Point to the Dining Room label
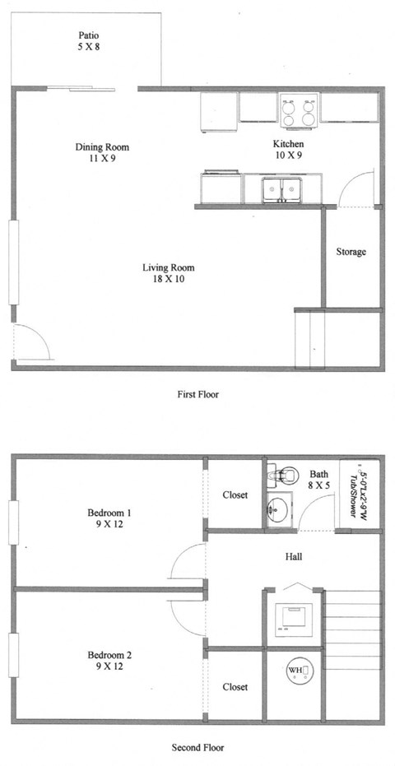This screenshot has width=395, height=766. (x=102, y=153)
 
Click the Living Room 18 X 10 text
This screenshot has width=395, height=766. (x=168, y=274)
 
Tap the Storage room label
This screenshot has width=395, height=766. (x=351, y=252)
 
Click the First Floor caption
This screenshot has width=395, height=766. (x=197, y=394)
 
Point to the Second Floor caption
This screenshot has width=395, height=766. (x=198, y=748)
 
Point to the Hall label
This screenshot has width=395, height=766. (x=293, y=557)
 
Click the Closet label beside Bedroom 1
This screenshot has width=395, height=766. (x=235, y=495)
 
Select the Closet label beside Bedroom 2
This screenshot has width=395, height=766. (x=235, y=686)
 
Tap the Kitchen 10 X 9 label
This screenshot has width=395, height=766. (x=288, y=149)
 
